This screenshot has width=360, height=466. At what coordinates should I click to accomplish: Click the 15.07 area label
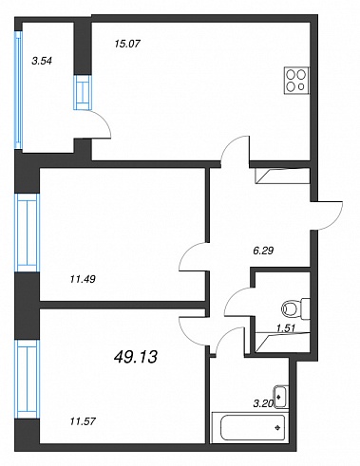click(x=127, y=44)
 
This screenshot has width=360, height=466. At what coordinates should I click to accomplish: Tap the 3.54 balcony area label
click(x=42, y=61)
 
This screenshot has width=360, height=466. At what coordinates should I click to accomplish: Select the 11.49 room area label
click(x=83, y=279)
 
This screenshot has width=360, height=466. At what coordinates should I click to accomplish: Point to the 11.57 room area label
click(x=83, y=421)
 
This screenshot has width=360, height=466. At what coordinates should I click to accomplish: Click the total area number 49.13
click(x=135, y=358)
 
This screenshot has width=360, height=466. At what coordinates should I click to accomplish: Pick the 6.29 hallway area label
click(x=263, y=251)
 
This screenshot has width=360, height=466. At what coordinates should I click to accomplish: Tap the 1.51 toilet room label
click(x=286, y=328)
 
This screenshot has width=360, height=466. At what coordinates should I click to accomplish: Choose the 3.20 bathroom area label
click(x=263, y=403)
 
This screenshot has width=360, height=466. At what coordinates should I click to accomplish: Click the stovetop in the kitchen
click(x=296, y=81)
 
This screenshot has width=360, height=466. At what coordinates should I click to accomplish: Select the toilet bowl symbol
click(x=295, y=308)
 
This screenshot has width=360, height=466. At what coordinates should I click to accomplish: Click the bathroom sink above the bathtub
click(x=281, y=397)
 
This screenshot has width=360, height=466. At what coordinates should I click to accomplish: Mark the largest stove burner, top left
click(x=292, y=75)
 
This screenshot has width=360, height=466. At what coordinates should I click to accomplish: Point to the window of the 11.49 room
click(x=28, y=233)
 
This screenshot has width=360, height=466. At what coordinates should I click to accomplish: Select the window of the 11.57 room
click(x=28, y=379)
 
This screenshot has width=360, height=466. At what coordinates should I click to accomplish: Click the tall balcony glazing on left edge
click(x=18, y=90)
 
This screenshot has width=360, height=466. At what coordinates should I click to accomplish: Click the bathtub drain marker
click(x=278, y=428)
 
